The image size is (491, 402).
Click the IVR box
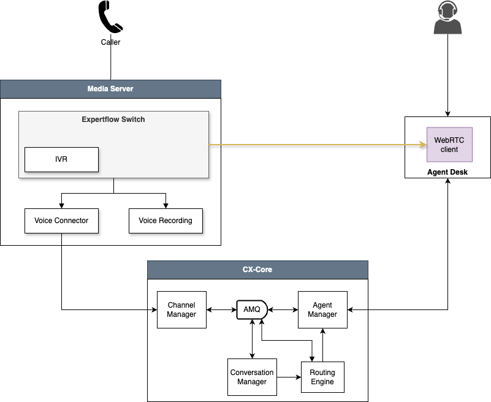pos(61,159)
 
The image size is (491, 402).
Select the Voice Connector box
pos(61,221)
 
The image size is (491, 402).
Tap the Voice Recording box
pos(166,221)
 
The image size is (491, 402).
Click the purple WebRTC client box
pos(449,145)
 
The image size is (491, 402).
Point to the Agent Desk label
pos(447,172)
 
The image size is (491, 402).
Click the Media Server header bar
pos(110,89)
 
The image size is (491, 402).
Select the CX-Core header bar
pos(257,270)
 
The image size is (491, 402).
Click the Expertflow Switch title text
pos(113,119)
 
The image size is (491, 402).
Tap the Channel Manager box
pos(181,310)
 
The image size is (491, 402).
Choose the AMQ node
pos(252,309)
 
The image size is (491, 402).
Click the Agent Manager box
pos(322,310)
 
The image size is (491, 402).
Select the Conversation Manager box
pos(252,377)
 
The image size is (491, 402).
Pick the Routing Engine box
pos(322,377)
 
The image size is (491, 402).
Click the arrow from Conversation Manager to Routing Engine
pos(289,377)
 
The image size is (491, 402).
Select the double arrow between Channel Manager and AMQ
pos(221,310)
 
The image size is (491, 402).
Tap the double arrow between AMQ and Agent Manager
pos(282,310)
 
